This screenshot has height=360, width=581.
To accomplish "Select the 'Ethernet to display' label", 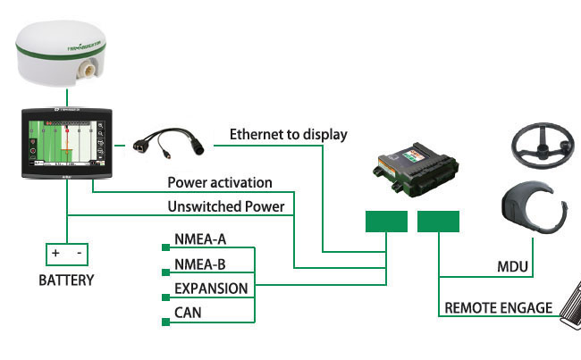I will tap(288, 135).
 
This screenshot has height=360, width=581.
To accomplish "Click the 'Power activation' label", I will tap(220, 183).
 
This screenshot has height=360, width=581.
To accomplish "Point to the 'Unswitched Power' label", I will tap(225, 206).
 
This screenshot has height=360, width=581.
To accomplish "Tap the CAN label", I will tap(188, 313).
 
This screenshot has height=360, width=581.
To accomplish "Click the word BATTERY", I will tap(66, 280).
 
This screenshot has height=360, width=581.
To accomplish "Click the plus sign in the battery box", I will tap(55, 254).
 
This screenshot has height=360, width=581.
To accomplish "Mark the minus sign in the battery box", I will tap(80, 254).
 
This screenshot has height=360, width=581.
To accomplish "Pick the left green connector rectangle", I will tap(386, 222).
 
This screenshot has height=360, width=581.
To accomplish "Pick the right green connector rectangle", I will tap(438, 222).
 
